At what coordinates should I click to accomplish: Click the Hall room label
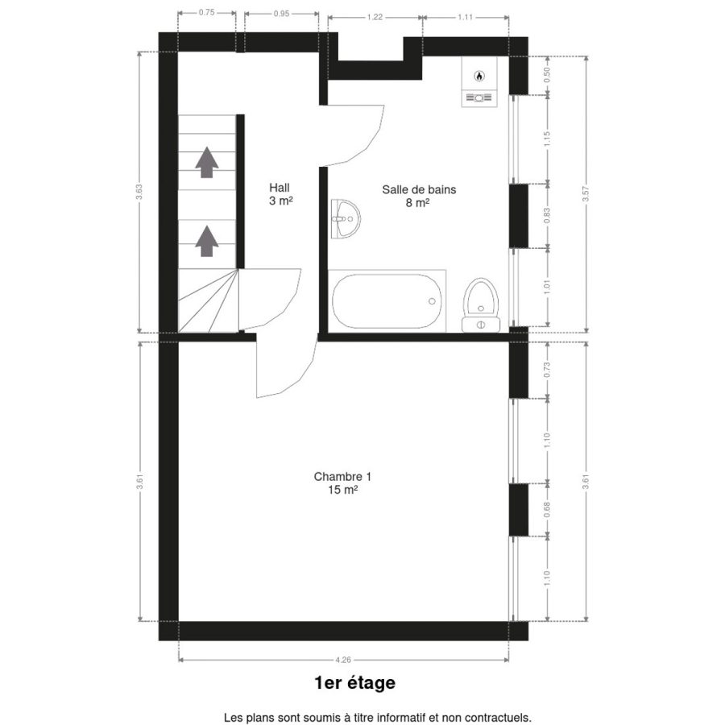[280, 194]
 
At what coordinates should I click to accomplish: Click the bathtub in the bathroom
[387, 301]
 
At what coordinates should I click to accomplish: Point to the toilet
[481, 305]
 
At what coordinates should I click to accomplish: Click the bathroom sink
[346, 219]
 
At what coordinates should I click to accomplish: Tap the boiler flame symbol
[479, 75]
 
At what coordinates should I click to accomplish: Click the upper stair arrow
[207, 162]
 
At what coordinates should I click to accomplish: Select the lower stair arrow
[207, 241]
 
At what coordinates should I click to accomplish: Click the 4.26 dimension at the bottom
[343, 660]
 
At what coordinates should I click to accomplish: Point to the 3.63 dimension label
[139, 192]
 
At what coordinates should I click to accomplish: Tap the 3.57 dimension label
[586, 193]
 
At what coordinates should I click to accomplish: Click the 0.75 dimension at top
[207, 13]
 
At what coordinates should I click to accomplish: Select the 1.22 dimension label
[375, 17]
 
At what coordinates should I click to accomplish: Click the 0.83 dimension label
[548, 215]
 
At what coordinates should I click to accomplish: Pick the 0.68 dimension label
[548, 510]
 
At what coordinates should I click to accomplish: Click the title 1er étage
[355, 683]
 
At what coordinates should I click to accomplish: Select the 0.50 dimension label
[548, 74]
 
